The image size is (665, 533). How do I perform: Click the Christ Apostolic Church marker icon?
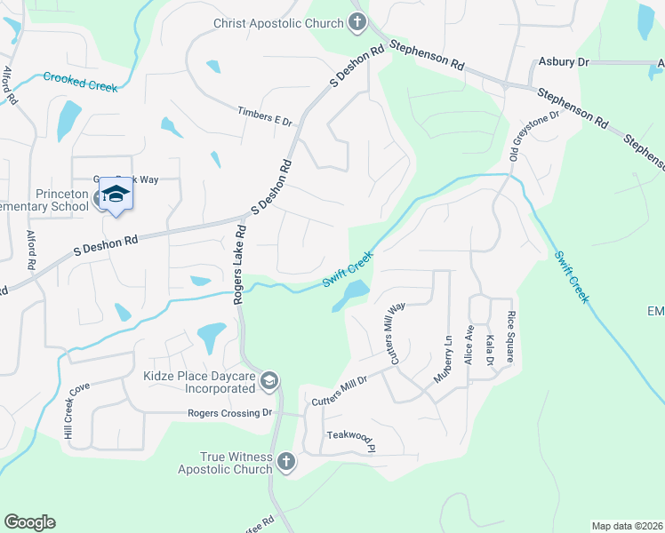click(x=357, y=22)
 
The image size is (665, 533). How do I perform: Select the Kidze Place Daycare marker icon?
click(x=269, y=382)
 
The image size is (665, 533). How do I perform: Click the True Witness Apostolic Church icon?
click(x=285, y=461)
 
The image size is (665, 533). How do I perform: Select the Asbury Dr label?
click(x=565, y=62)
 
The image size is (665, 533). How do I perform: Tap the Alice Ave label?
click(x=469, y=344)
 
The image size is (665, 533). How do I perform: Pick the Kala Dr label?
click(x=489, y=348)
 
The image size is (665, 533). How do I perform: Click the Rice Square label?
click(x=510, y=331)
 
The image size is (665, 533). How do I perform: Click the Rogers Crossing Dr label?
click(x=229, y=413)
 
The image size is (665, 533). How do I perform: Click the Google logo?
click(x=29, y=522)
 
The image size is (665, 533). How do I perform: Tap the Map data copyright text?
click(x=626, y=526)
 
